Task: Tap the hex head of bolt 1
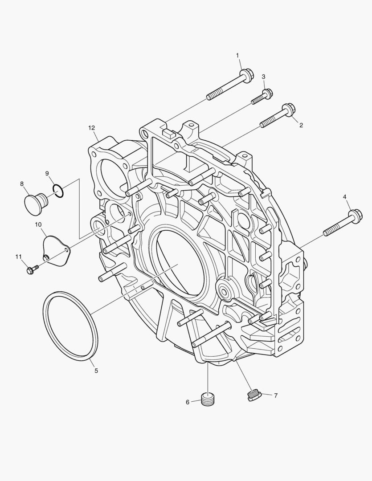247,75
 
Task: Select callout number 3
263,77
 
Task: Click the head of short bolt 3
268,93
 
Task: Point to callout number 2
301,125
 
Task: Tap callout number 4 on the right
345,197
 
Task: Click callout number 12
91,128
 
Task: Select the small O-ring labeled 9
58,190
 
